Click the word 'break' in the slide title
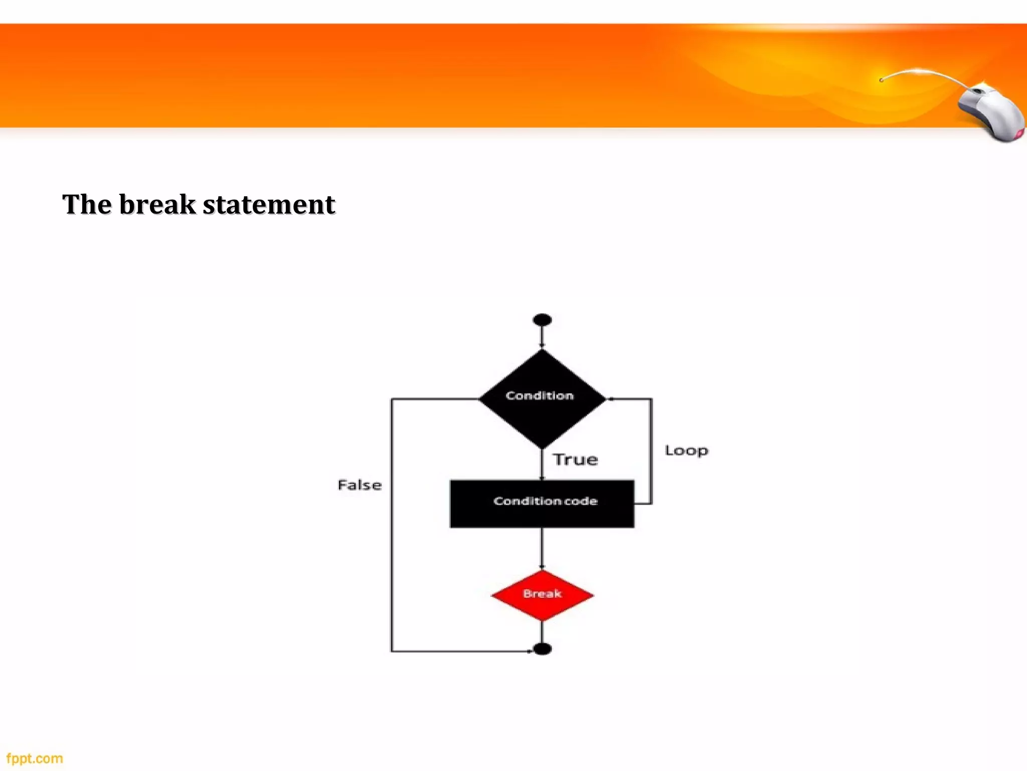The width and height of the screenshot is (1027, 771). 157,205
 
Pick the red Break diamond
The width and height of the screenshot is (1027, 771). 542,595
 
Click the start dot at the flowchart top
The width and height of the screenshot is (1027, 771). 542,320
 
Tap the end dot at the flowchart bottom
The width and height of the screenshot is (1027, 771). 542,649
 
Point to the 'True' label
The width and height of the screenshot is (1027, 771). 575,459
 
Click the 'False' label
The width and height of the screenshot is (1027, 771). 360,485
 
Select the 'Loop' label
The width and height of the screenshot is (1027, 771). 686,450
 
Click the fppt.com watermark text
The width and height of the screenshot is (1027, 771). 35,758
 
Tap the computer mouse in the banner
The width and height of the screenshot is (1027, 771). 990,112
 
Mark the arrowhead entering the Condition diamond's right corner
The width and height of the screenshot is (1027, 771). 611,399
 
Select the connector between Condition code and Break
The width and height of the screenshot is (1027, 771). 542,548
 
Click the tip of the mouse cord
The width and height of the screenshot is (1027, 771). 882,80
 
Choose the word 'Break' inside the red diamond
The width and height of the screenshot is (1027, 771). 542,594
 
